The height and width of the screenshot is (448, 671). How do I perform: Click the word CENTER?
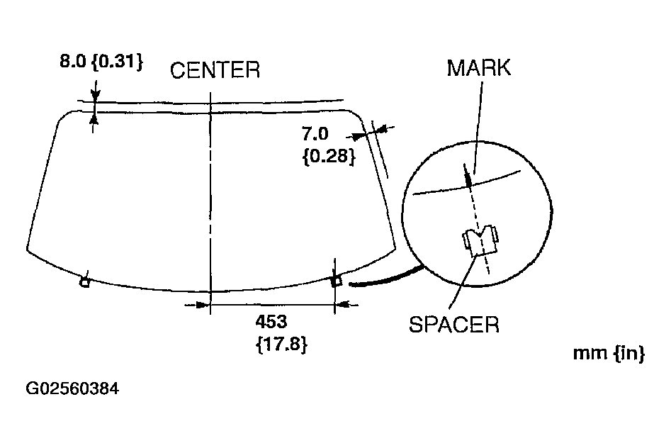pyautogui.click(x=215, y=70)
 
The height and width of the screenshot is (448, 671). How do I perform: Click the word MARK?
pyautogui.click(x=479, y=68)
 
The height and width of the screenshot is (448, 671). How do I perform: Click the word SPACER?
pyautogui.click(x=454, y=325)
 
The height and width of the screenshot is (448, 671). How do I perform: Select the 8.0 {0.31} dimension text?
pyautogui.click(x=101, y=62)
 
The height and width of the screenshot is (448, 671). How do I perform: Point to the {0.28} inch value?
pyautogui.click(x=328, y=156)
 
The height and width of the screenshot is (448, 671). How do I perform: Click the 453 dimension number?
pyautogui.click(x=271, y=322)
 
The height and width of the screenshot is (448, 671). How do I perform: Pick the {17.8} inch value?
pyautogui.click(x=281, y=346)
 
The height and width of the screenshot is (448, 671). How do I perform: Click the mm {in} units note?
pyautogui.click(x=609, y=354)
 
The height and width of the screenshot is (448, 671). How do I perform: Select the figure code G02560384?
pyautogui.click(x=72, y=389)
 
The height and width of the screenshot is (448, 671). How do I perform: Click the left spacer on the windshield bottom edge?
pyautogui.click(x=84, y=282)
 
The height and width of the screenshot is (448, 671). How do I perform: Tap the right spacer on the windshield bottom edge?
pyautogui.click(x=337, y=281)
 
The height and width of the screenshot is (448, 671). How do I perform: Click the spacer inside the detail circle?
pyautogui.click(x=480, y=241)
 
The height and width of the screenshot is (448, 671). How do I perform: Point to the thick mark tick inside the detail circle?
pyautogui.click(x=468, y=177)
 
